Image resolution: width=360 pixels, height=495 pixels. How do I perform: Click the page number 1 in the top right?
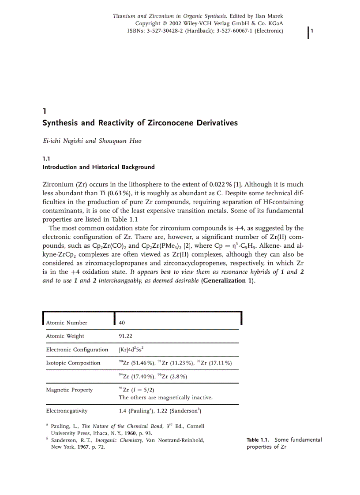(312, 30)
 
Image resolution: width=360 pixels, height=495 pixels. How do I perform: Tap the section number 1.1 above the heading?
(46, 158)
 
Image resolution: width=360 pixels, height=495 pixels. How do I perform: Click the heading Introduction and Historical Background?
(98, 167)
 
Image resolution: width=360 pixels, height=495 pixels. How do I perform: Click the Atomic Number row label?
(67, 323)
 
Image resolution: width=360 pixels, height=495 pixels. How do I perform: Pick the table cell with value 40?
(122, 323)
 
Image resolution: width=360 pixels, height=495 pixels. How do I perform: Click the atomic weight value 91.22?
(126, 336)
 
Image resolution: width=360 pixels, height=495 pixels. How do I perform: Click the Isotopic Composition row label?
(73, 363)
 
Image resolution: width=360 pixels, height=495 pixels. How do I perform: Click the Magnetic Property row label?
(69, 390)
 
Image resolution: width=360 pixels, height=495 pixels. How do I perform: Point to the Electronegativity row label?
(67, 411)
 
